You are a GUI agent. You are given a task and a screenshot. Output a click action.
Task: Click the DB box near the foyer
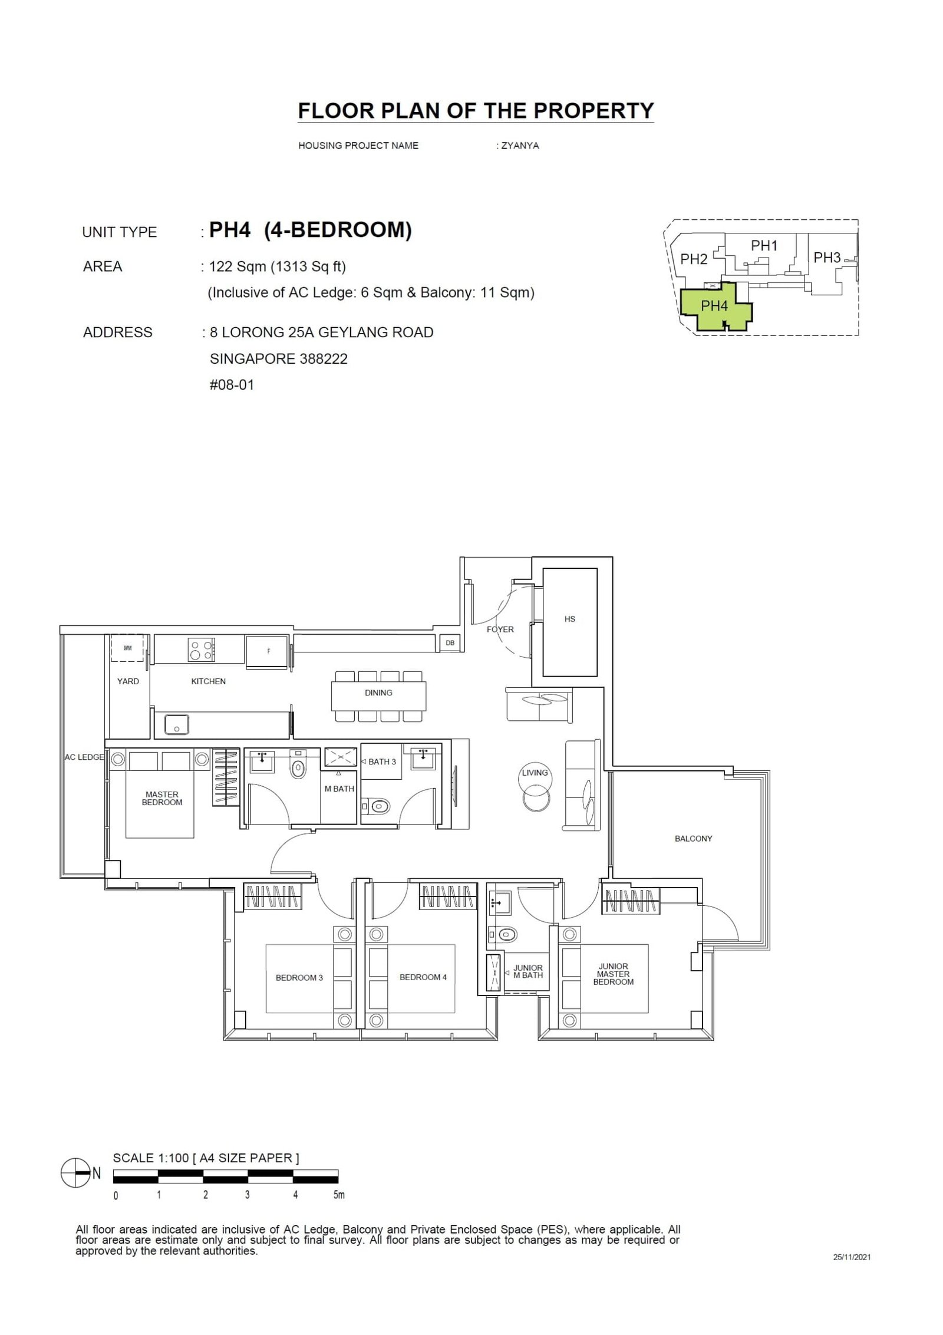click(450, 643)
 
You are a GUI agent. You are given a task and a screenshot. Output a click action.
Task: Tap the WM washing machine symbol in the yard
click(127, 648)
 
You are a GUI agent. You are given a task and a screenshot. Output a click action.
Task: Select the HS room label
click(569, 619)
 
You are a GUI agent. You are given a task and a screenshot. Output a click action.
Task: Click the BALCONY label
click(693, 838)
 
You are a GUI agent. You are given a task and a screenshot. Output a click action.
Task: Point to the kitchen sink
click(176, 724)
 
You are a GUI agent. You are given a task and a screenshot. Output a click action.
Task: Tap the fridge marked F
click(268, 651)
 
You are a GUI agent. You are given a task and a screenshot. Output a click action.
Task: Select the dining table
click(378, 695)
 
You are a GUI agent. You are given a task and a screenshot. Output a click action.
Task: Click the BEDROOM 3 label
click(299, 978)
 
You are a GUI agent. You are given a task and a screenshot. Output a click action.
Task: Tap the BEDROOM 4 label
click(423, 977)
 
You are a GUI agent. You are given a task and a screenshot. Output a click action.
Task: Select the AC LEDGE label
click(84, 757)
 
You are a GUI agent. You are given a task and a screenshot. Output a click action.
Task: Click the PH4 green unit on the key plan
click(714, 306)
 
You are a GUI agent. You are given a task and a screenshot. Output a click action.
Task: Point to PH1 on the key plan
click(764, 246)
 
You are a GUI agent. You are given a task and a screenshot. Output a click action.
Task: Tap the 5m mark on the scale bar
click(338, 1195)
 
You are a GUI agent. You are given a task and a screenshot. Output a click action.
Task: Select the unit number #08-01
click(232, 385)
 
